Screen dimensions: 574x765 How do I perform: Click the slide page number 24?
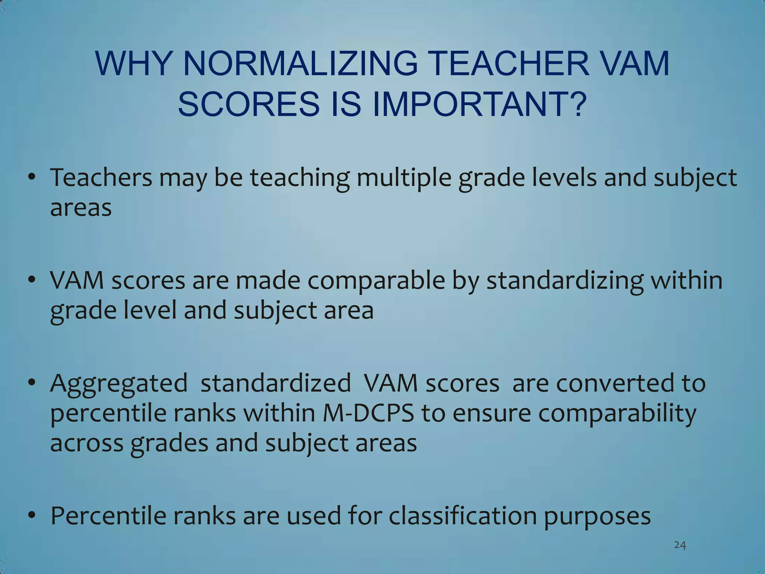coord(680,546)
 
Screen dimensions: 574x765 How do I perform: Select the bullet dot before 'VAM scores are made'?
coord(32,280)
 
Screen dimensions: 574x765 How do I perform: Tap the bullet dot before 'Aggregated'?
coord(32,383)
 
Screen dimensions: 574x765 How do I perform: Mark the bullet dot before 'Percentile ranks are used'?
coord(32,516)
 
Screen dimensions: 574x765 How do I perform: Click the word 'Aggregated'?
coord(119,384)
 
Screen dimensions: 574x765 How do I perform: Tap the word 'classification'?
coord(462,516)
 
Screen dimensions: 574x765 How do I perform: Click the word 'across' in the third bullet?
coord(87,444)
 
